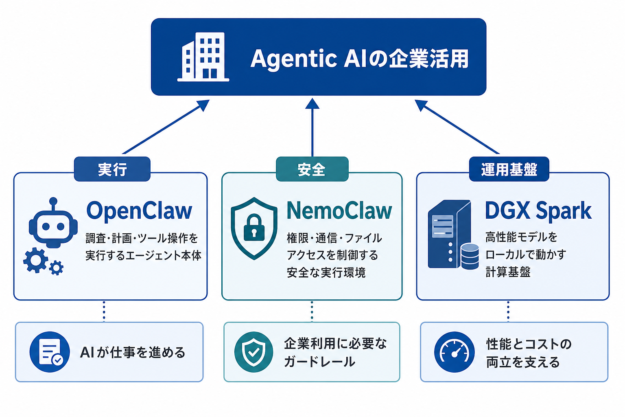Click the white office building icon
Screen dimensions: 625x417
(x=203, y=57)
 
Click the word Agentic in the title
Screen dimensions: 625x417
(x=294, y=59)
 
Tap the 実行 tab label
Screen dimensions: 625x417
(x=112, y=169)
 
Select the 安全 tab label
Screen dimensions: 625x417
(x=312, y=169)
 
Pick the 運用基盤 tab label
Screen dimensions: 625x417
(x=509, y=169)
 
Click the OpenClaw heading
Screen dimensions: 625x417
(x=139, y=211)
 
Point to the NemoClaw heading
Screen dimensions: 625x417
(x=339, y=211)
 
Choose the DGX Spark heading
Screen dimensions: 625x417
(x=538, y=211)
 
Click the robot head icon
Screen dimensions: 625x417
(x=53, y=224)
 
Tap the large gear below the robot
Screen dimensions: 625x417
(x=35, y=260)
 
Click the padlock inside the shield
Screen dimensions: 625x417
(x=254, y=227)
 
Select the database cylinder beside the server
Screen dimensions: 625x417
(x=470, y=257)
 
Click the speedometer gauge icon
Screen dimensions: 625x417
(x=455, y=352)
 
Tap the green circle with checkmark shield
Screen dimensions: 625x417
(x=253, y=352)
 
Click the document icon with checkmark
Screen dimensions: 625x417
(x=50, y=352)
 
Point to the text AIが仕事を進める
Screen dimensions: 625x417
(x=133, y=353)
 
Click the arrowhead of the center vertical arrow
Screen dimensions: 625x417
(x=312, y=103)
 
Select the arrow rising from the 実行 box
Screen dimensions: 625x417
(x=166, y=127)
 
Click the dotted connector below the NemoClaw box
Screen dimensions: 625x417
(x=312, y=311)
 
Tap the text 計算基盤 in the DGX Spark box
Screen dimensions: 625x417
(x=508, y=272)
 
